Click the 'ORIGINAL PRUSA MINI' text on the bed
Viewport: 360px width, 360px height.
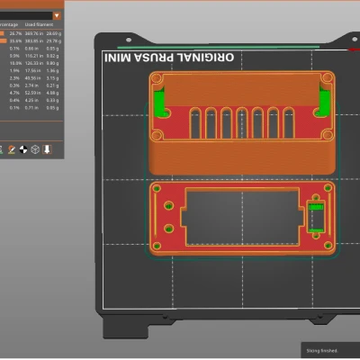click(169, 57)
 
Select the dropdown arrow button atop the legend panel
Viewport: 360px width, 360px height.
click(58, 16)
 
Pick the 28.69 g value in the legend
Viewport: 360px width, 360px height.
click(53, 33)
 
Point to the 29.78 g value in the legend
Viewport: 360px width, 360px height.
click(53, 40)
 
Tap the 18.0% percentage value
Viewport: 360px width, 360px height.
click(15, 64)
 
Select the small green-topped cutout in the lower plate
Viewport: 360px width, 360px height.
click(316, 217)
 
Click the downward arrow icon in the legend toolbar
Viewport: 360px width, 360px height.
click(47, 148)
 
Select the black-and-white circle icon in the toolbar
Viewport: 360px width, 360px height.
click(23, 148)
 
